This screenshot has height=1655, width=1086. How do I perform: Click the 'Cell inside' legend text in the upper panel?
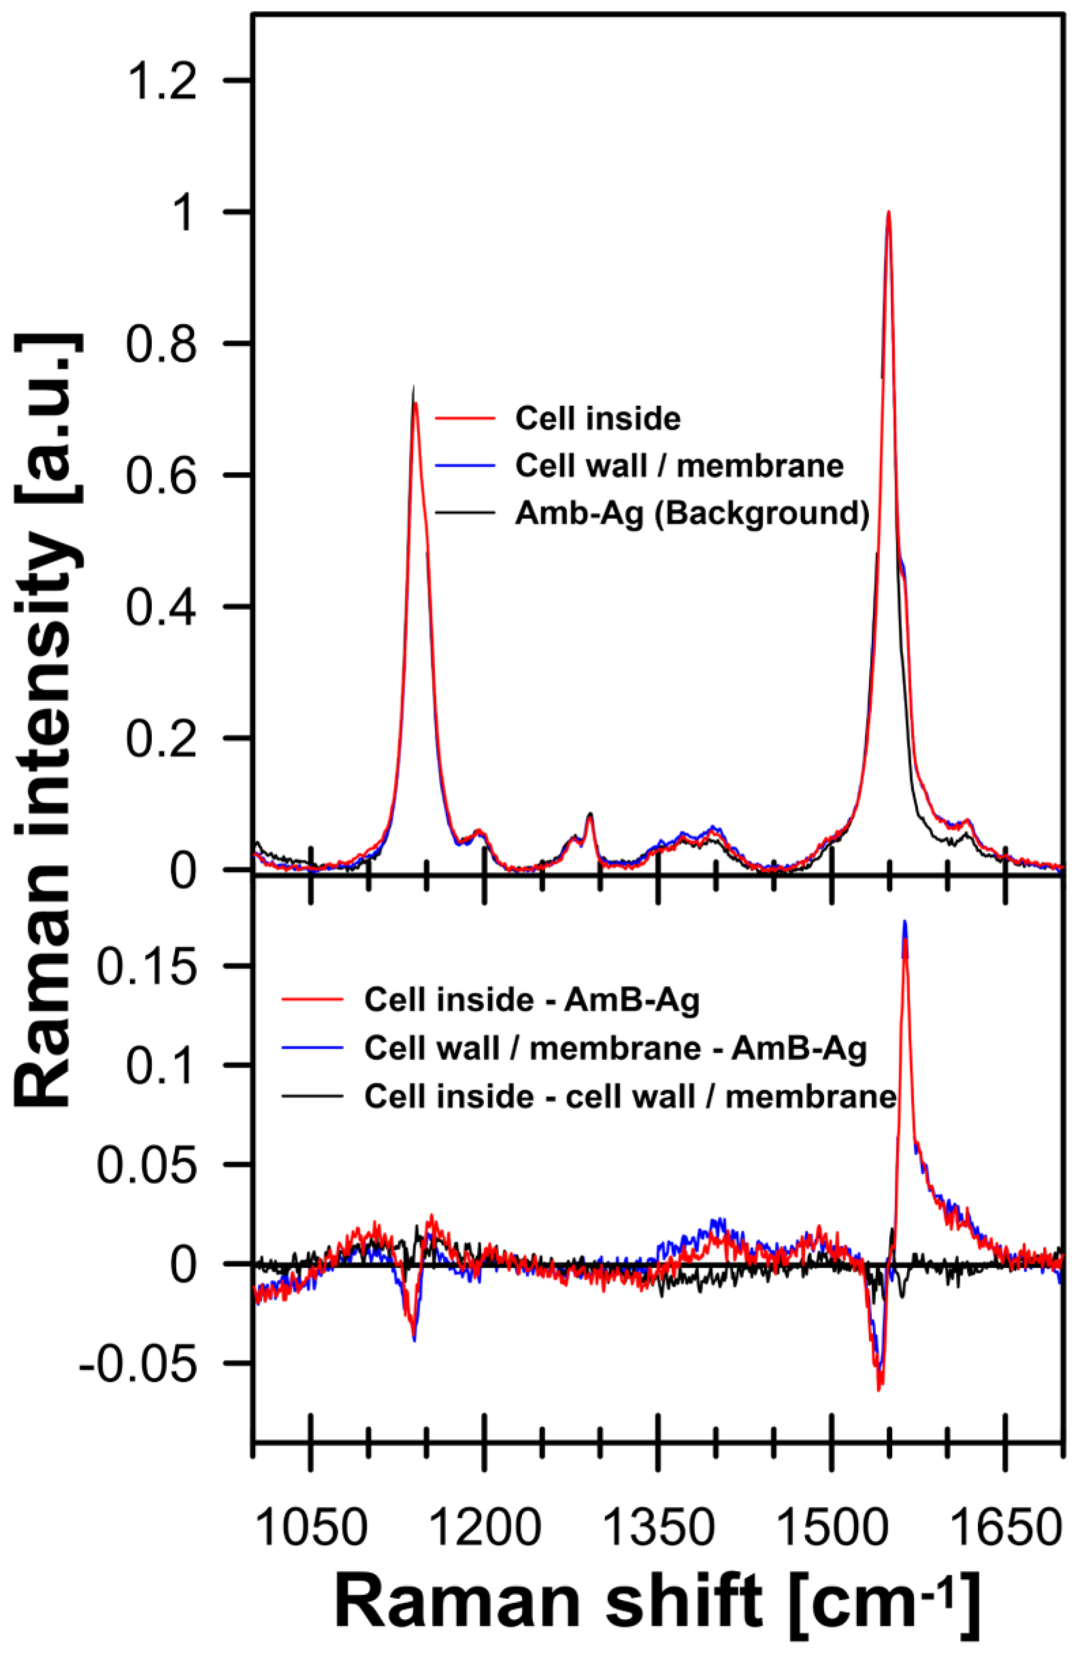tap(598, 418)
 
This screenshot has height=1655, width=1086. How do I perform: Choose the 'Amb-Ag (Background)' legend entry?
tap(691, 513)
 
